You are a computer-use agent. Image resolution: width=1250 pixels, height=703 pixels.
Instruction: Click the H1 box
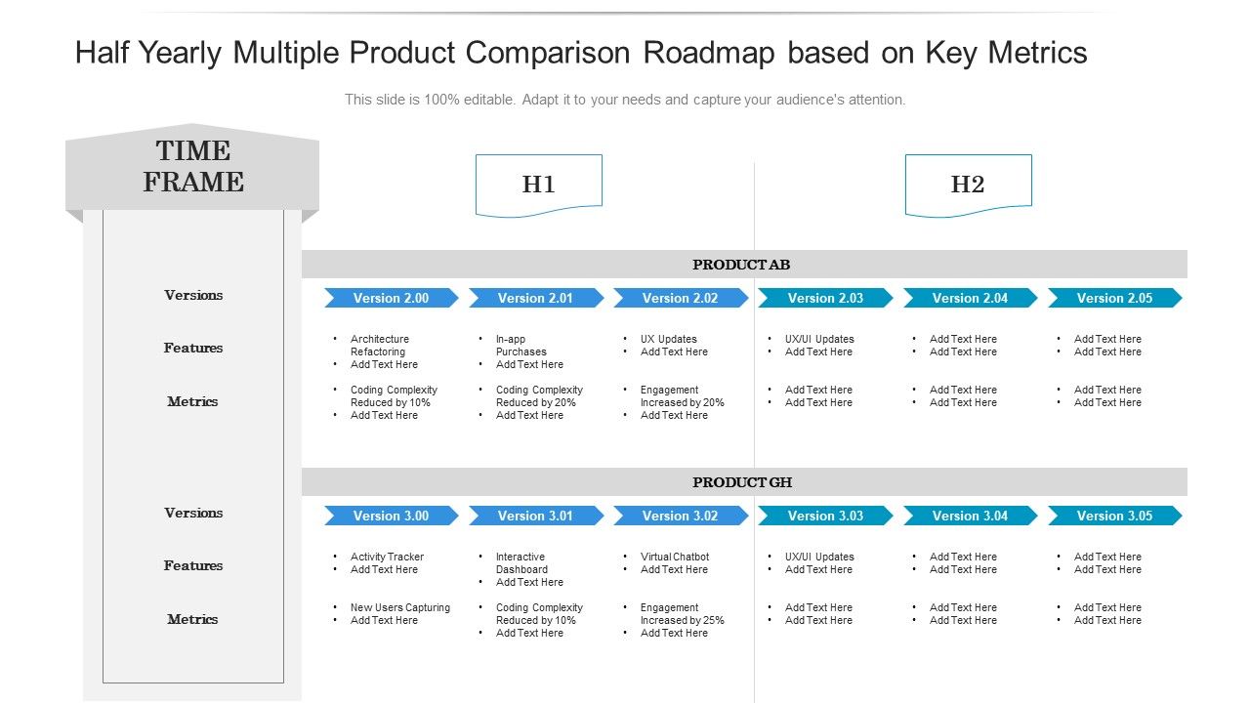click(x=538, y=185)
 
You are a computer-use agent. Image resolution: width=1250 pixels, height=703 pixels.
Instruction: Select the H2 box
click(x=968, y=185)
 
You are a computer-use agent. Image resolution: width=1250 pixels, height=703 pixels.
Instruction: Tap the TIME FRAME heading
click(x=193, y=167)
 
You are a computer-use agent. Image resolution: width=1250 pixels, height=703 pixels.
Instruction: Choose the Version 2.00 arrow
click(x=391, y=298)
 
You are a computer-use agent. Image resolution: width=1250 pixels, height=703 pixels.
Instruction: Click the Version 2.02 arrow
click(x=680, y=298)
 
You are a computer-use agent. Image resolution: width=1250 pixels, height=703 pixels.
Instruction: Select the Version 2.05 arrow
click(x=1114, y=298)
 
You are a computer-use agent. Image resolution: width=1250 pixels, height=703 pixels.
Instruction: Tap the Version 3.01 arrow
click(x=535, y=516)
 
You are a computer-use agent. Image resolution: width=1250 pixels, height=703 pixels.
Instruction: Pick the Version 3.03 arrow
click(x=825, y=516)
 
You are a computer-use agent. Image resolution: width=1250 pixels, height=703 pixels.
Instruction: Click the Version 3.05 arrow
click(x=1114, y=516)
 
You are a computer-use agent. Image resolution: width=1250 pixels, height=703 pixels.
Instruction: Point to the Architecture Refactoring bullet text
click(x=380, y=346)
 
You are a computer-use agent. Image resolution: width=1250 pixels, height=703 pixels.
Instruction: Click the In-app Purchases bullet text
click(x=521, y=346)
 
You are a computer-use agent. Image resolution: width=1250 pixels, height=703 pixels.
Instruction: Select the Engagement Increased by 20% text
click(x=682, y=396)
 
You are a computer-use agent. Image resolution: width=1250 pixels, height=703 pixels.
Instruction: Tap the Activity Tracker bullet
click(x=387, y=557)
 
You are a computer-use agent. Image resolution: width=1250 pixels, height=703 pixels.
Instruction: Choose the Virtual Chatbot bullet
click(x=675, y=557)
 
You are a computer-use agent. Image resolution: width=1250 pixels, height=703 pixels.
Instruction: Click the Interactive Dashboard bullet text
click(x=521, y=563)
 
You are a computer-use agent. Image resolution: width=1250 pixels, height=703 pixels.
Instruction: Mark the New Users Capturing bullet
click(x=400, y=607)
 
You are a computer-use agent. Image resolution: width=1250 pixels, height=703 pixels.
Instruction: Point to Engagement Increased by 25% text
click(x=682, y=614)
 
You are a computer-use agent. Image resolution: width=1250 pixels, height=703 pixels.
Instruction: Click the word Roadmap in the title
click(x=711, y=53)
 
